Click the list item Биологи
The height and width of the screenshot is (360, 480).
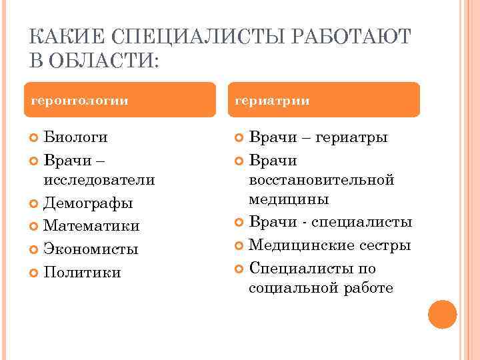tap(75, 137)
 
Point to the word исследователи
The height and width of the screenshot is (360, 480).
tap(99, 180)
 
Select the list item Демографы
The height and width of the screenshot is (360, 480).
tap(88, 203)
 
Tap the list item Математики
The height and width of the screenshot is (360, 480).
tap(91, 226)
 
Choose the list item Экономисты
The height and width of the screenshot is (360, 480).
tap(91, 249)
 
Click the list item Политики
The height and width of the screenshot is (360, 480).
tap(82, 272)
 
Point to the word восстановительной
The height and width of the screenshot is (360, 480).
tap(321, 180)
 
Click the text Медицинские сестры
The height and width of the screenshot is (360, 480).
tap(329, 245)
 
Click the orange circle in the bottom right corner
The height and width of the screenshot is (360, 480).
tap(442, 314)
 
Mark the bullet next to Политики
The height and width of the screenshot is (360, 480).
tap(35, 272)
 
